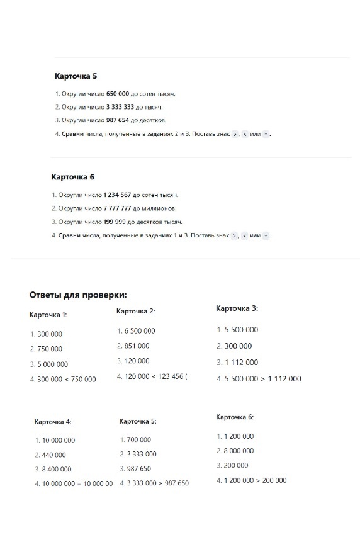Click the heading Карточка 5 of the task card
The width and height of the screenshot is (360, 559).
pyautogui.click(x=76, y=76)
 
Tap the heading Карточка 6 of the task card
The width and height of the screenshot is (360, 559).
pyautogui.click(x=72, y=177)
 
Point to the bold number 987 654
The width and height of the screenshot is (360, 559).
pyautogui.click(x=118, y=120)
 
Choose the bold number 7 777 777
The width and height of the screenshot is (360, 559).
pyautogui.click(x=117, y=208)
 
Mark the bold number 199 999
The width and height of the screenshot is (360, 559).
pyautogui.click(x=114, y=222)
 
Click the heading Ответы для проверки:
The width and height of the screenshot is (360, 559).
pyautogui.click(x=78, y=295)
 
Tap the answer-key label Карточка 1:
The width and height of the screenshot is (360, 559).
pyautogui.click(x=48, y=315)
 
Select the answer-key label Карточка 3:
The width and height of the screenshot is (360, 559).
pyautogui.click(x=237, y=308)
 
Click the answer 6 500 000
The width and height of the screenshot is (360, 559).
pyautogui.click(x=140, y=331)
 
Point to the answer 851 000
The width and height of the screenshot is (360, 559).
pyautogui.click(x=137, y=346)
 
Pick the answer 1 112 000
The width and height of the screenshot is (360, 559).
pyautogui.click(x=240, y=363)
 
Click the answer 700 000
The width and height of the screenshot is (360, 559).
pyautogui.click(x=138, y=440)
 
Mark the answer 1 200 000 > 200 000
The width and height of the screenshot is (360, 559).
pyautogui.click(x=255, y=481)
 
